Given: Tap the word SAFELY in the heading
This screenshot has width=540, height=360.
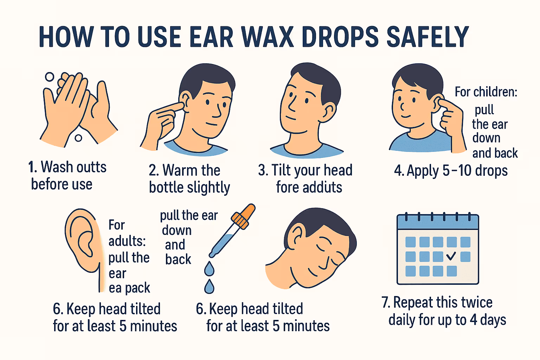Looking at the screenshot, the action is click(427, 37).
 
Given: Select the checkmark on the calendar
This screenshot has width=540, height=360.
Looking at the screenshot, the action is click(451, 256).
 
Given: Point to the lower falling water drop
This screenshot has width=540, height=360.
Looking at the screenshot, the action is click(209, 287).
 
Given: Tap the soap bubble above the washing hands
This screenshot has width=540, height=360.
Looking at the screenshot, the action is click(50, 77).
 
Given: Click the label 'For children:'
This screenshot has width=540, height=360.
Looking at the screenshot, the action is click(486, 92).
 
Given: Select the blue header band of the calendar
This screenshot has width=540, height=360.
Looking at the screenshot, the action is click(438, 222).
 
